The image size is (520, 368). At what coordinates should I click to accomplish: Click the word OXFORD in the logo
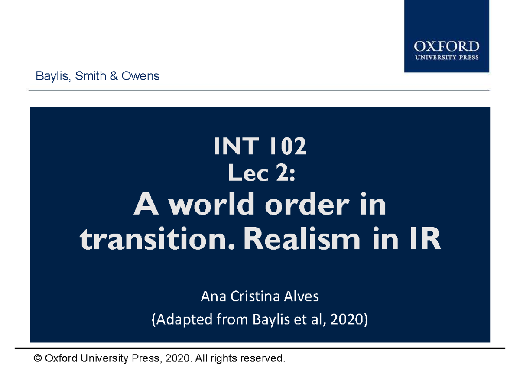coord(446,46)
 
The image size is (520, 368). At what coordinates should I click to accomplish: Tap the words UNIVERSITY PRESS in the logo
coord(446,57)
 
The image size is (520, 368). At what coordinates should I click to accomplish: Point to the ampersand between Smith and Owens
coord(114,76)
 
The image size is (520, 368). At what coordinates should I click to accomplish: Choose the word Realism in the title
coord(303,240)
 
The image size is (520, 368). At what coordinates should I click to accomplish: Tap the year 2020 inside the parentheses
coord(347,320)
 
